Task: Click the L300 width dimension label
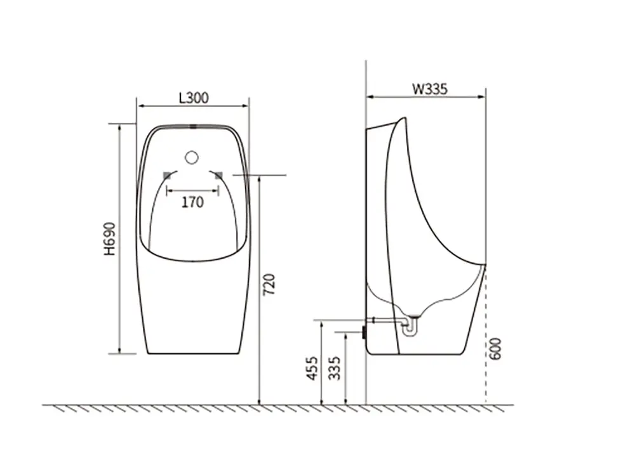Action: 194,98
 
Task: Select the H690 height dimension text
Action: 110,238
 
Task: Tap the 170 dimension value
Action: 192,202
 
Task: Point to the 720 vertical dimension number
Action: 269,285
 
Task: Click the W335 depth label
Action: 430,89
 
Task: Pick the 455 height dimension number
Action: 312,368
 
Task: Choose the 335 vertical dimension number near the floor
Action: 335,368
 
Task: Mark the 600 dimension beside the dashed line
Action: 495,349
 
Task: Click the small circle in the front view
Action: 192,157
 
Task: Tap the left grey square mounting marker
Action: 166,175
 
